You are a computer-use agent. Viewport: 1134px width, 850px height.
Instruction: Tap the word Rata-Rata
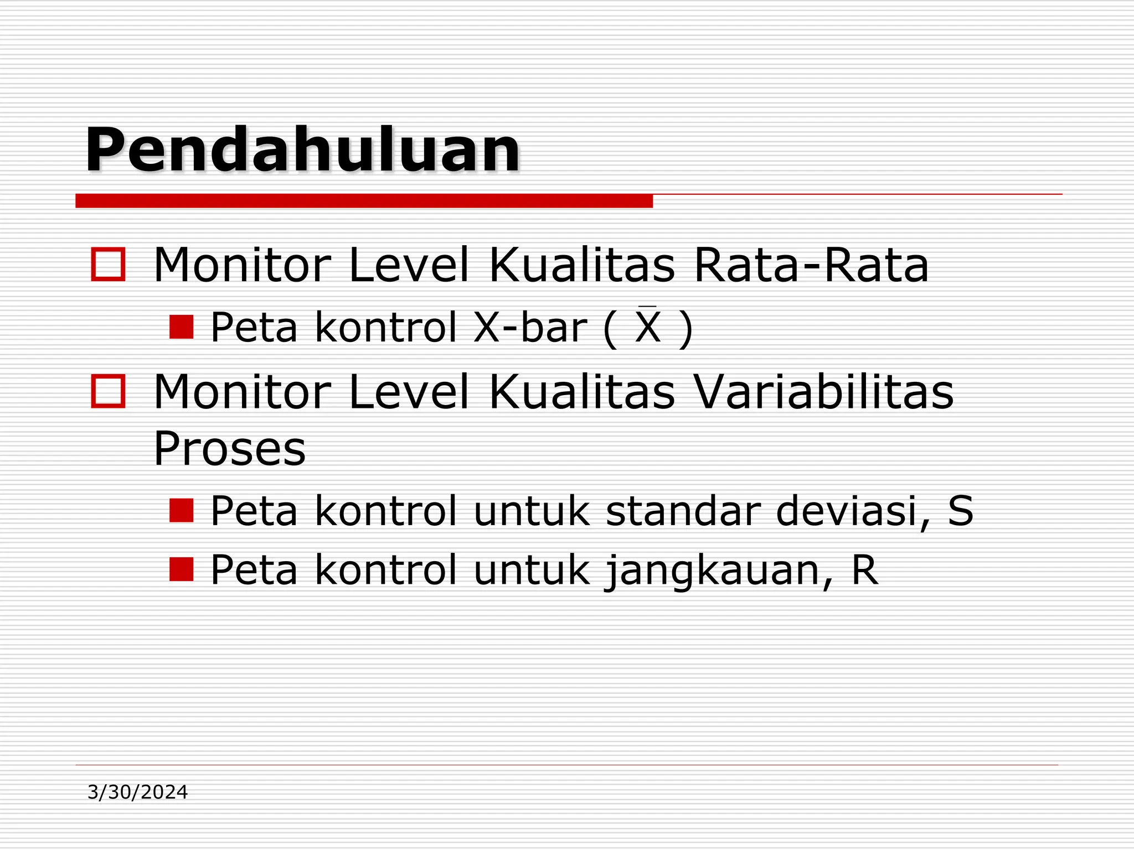pos(811,266)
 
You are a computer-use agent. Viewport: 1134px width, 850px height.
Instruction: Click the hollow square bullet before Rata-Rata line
pos(108,264)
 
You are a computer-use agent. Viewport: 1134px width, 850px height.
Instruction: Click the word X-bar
pos(530,328)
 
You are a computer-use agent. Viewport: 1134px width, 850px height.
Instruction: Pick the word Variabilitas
pos(823,392)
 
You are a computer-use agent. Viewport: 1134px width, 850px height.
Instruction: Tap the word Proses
pos(229,448)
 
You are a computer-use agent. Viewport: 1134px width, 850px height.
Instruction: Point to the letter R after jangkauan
pos(864,570)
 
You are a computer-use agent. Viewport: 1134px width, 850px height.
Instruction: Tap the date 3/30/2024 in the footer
pos(138,792)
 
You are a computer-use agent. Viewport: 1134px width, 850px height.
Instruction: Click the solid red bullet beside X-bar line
pos(181,327)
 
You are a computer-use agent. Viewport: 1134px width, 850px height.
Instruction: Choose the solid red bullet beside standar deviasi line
pos(181,510)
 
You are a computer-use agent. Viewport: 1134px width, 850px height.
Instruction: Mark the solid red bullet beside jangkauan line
pos(181,569)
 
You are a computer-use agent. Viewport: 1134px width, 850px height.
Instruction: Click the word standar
pos(682,510)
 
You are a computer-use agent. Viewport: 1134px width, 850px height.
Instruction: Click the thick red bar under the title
pos(364,201)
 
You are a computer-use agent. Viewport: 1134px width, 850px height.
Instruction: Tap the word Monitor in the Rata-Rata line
pos(242,266)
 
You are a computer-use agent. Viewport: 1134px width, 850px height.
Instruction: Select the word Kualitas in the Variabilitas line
pos(582,392)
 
